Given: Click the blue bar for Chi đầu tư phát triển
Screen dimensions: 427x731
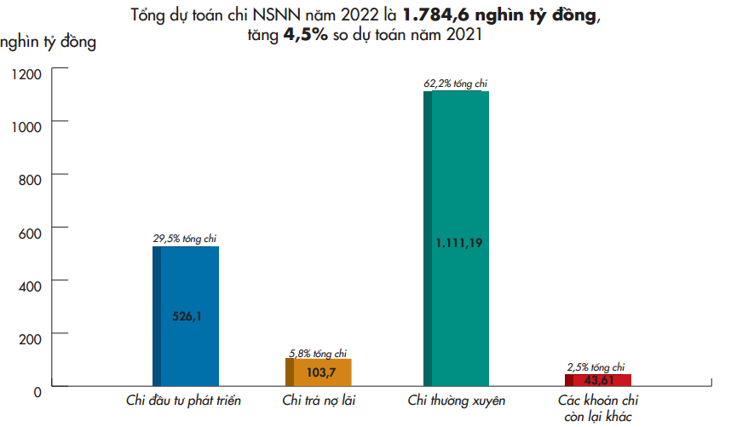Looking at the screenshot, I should (x=186, y=281).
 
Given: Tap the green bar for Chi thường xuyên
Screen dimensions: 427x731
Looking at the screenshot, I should (x=458, y=170).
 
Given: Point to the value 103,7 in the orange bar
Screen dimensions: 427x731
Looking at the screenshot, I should (x=320, y=372).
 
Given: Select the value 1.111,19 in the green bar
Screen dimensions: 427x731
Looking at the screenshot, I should (x=459, y=243).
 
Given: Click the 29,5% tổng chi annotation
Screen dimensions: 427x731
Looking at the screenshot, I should (x=185, y=239).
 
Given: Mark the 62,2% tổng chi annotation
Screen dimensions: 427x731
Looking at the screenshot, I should (x=455, y=84).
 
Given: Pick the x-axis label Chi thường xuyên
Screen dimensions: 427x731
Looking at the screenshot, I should (x=457, y=401).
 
